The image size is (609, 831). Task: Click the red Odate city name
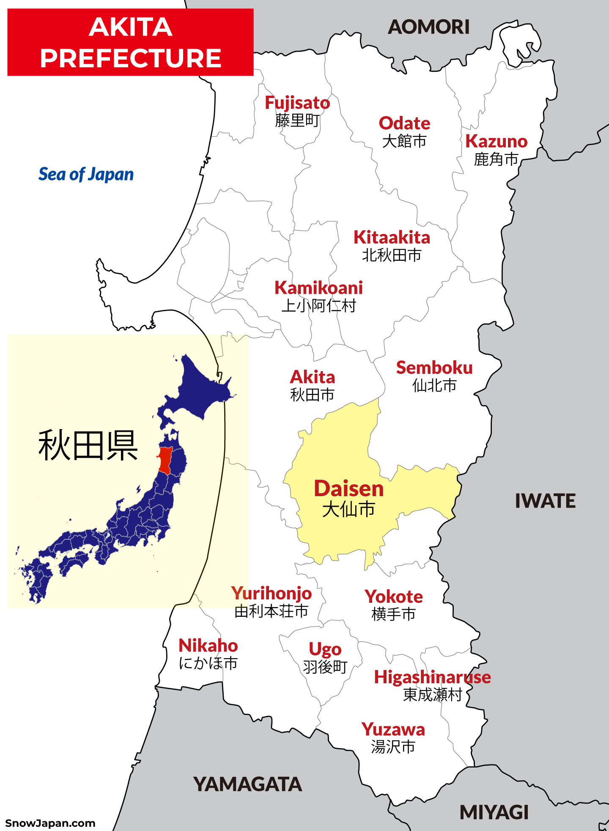pyautogui.click(x=404, y=123)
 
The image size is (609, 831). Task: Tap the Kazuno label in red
pyautogui.click(x=496, y=141)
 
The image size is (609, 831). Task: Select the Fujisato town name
pyautogui.click(x=297, y=103)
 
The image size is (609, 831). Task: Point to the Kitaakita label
pyautogui.click(x=392, y=237)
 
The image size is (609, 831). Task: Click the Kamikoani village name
pyautogui.click(x=318, y=288)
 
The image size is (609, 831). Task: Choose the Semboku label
pyautogui.click(x=434, y=368)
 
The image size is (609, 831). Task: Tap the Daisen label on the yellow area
pyautogui.click(x=348, y=489)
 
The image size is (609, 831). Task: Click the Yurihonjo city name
pyautogui.click(x=271, y=594)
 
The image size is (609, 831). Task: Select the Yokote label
pyautogui.click(x=393, y=597)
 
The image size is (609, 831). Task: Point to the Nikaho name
pyautogui.click(x=208, y=646)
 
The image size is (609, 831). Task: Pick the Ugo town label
pyautogui.click(x=325, y=649)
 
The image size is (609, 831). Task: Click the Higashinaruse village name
pyautogui.click(x=432, y=677)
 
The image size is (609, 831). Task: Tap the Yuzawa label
pyautogui.click(x=393, y=730)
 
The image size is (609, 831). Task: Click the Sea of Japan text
pyautogui.click(x=86, y=174)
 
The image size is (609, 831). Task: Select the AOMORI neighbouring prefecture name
pyautogui.click(x=428, y=28)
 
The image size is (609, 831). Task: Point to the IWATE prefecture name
pyautogui.click(x=545, y=501)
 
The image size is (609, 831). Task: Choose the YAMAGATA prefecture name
pyautogui.click(x=247, y=784)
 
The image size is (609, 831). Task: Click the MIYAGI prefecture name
pyautogui.click(x=494, y=813)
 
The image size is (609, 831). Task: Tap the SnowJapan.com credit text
pyautogui.click(x=50, y=823)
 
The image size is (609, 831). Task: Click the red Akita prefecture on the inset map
pyautogui.click(x=165, y=461)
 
